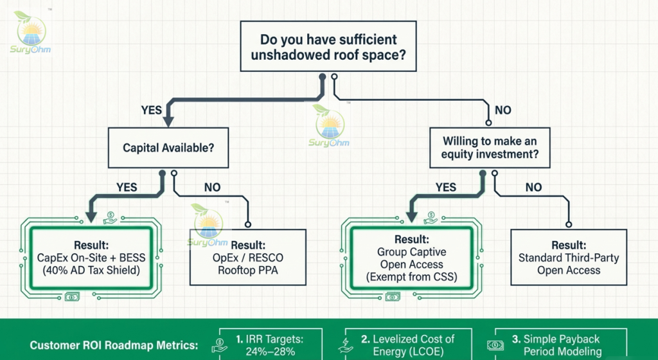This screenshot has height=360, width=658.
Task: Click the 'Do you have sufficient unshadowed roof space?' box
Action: [x=328, y=46]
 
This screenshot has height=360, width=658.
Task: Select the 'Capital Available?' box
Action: [x=168, y=148]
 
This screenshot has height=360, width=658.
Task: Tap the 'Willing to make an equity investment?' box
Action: [x=490, y=148]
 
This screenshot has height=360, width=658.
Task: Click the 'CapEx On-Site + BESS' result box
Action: [x=91, y=258]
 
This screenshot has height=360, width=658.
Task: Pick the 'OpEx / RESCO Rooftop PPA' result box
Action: [x=248, y=257]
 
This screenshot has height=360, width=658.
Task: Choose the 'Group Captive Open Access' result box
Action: [x=412, y=258]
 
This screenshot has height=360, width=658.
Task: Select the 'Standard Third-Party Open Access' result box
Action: [x=569, y=257]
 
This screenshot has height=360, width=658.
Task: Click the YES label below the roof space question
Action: [x=152, y=110]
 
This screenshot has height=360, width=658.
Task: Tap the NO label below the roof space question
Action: [x=502, y=110]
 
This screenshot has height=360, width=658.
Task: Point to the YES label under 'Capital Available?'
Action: [x=127, y=187]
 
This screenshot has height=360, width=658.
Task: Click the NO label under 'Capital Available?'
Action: [x=212, y=187]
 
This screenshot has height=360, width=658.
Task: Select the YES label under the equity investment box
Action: [x=446, y=187]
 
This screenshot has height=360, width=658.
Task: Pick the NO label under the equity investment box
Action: [x=534, y=187]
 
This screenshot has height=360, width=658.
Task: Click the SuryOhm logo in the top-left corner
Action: [x=30, y=33]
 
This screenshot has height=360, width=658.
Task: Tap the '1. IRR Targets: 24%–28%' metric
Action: [x=271, y=345]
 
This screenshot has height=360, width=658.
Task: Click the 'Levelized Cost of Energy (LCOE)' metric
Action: [x=408, y=345]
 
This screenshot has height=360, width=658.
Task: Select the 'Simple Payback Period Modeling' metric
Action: [x=562, y=345]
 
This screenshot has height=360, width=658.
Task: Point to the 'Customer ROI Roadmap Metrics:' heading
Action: [x=114, y=345]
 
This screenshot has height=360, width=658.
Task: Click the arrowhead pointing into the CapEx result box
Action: [x=91, y=217]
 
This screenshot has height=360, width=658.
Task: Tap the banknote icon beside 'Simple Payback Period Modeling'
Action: [x=495, y=345]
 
